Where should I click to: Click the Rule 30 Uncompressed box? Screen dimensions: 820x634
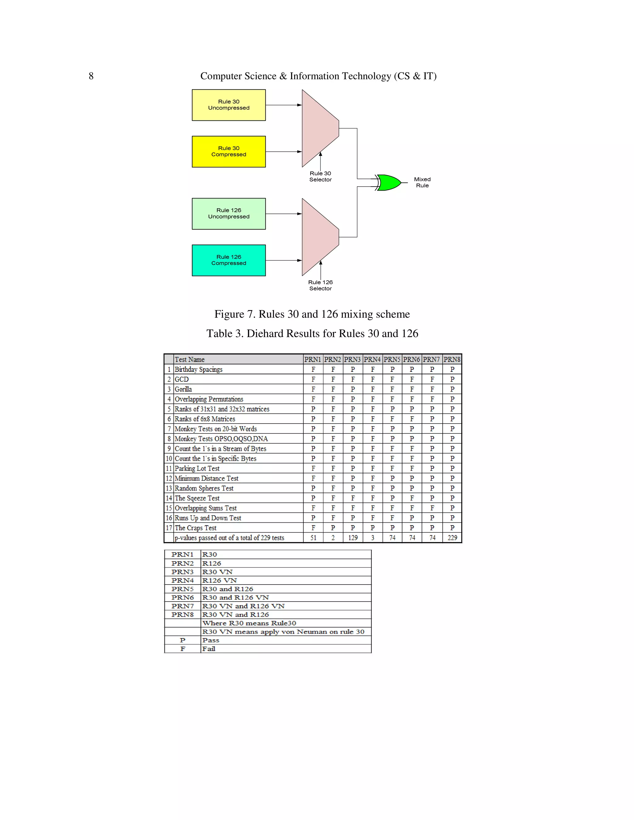tap(228, 105)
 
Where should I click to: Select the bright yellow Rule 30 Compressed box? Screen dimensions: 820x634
tap(228, 151)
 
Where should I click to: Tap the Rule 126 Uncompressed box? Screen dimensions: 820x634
tap(228, 214)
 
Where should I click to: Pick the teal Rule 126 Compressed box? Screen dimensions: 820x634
tap(228, 260)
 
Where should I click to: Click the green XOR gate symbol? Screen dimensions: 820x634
tap(389, 183)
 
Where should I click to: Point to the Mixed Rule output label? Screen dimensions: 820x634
tap(422, 183)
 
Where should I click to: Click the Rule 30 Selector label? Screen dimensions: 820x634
tap(320, 176)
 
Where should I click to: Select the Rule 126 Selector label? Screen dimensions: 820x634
tap(320, 285)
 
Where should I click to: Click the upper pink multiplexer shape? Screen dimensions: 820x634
tap(319, 128)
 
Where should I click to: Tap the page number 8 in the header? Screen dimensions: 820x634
tap(91, 76)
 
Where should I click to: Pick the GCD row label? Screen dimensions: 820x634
tap(182, 380)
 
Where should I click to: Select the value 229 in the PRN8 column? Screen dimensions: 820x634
tap(452, 538)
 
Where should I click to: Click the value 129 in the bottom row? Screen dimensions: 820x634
tap(353, 538)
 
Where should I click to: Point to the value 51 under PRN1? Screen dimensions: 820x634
tap(313, 538)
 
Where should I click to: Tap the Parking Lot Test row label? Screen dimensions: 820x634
tap(197, 468)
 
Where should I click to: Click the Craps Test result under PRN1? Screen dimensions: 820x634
tap(313, 528)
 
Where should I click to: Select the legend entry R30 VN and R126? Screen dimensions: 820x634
tap(236, 615)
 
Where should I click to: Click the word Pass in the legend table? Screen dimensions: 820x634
tap(211, 641)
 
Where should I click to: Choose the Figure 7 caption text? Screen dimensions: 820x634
tap(312, 314)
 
